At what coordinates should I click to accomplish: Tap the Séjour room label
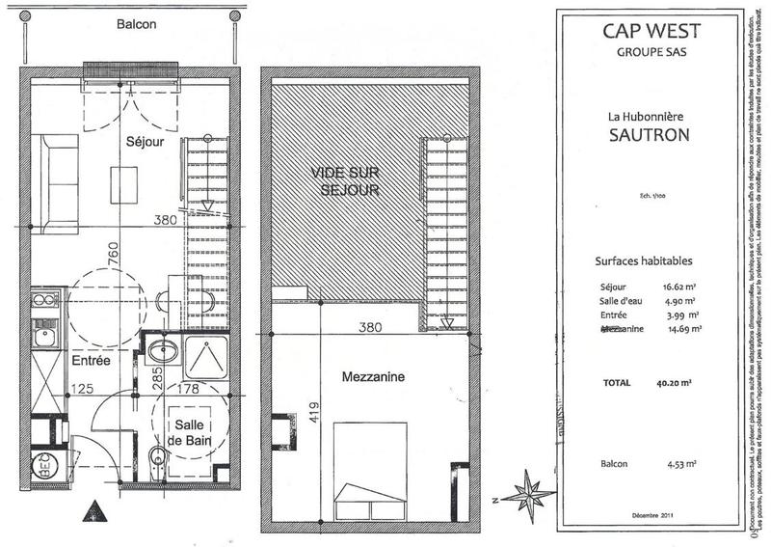(x=146, y=142)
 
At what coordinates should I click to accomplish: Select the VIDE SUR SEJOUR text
(x=344, y=180)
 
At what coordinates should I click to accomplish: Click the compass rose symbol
(x=528, y=495)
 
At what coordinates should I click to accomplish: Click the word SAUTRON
(x=649, y=135)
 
